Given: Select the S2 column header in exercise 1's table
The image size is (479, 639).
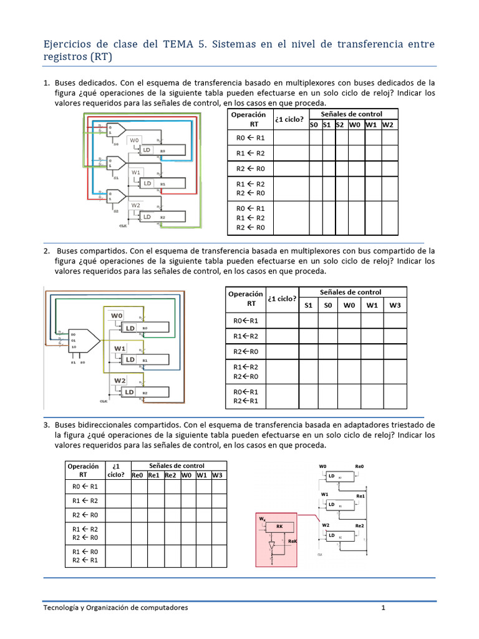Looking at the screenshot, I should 340,125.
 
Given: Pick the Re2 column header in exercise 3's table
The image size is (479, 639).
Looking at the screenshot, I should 170,476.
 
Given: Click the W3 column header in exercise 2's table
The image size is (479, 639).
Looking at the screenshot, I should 394,305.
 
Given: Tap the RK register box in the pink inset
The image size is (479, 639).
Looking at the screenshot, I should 279,527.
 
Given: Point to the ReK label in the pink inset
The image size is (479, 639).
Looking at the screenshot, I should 292,542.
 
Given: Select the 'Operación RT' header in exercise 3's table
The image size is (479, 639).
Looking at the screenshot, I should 83,471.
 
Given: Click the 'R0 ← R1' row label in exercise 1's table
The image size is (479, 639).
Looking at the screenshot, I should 250,139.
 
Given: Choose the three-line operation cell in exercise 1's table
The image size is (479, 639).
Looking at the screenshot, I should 250,218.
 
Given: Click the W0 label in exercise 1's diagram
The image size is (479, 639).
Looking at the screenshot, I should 135,140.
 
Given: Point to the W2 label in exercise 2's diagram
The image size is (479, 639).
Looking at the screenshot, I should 119,380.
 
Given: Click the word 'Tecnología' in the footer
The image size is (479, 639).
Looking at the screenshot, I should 65,607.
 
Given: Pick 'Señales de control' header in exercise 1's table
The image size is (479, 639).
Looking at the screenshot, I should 351,114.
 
